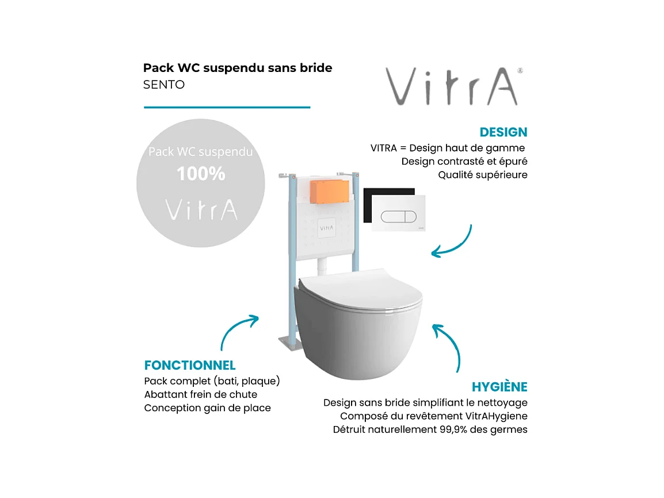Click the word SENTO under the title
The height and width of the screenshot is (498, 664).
click(x=164, y=85)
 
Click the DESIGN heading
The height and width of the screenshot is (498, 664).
click(x=503, y=132)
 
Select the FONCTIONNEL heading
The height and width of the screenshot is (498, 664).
click(x=190, y=366)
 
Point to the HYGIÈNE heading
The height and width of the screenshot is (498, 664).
click(x=499, y=387)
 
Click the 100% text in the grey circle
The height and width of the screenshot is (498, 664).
click(x=201, y=174)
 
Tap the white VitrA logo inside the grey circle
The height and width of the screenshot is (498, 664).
click(x=201, y=210)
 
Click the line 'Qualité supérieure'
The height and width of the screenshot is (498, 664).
click(x=482, y=175)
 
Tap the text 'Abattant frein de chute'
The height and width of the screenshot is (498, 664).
click(x=200, y=394)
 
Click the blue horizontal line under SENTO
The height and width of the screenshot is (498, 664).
click(x=227, y=107)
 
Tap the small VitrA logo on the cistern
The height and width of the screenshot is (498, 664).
click(x=326, y=227)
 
